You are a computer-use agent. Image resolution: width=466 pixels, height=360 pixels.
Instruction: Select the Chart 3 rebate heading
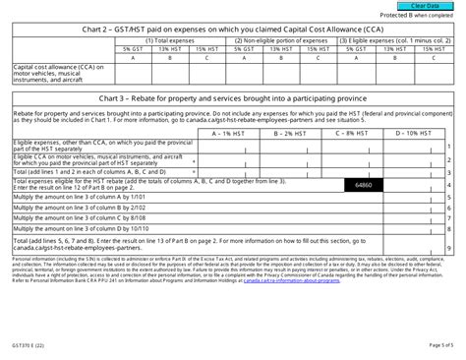[x=233, y=100]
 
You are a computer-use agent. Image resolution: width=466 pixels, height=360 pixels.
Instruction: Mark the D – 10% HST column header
[x=405, y=132]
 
